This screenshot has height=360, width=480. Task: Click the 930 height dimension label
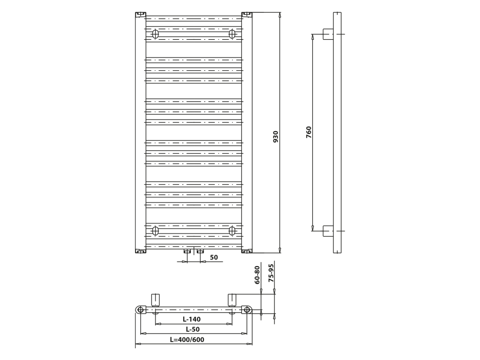click(276, 137)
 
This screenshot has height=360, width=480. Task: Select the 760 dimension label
click(308, 132)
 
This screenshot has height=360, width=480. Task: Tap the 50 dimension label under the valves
click(214, 257)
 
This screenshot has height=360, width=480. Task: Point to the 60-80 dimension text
click(257, 275)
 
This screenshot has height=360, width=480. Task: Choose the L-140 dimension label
click(192, 319)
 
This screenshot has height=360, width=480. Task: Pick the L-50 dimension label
click(193, 329)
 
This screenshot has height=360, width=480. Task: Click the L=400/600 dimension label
click(187, 339)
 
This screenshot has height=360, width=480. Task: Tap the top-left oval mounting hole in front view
click(156, 34)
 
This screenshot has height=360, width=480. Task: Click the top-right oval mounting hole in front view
click(232, 34)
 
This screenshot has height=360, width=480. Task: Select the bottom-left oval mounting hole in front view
click(156, 230)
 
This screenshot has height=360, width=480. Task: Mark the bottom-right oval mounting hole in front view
click(232, 230)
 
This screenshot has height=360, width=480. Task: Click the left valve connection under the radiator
click(187, 251)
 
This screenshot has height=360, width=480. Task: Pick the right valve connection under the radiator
click(200, 251)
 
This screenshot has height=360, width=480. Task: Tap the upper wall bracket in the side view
click(328, 34)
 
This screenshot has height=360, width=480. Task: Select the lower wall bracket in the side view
click(328, 231)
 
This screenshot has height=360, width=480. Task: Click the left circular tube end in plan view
click(141, 309)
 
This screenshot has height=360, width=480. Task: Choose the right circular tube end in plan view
click(247, 309)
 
